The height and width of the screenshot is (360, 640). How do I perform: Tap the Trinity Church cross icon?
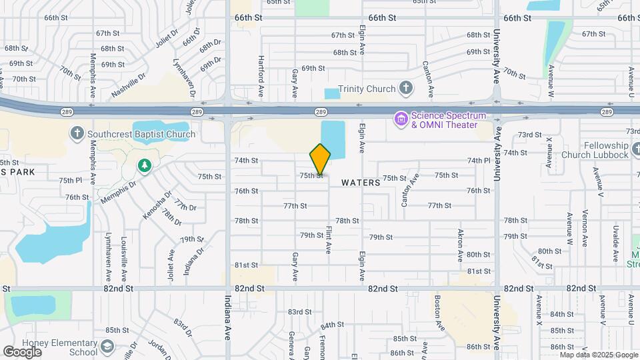(x=406, y=89)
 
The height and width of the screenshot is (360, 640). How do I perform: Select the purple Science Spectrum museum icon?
(x=401, y=119)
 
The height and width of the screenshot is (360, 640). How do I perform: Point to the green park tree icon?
(x=144, y=165)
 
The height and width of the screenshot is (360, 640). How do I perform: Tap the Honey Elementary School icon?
(x=107, y=347)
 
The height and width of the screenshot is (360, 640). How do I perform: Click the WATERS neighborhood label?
(x=361, y=182)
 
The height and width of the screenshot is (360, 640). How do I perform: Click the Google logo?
(x=23, y=351)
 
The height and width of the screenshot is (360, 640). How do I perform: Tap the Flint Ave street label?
(x=329, y=239)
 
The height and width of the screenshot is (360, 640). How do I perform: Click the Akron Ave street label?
(x=460, y=247)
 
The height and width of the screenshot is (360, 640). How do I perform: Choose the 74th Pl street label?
(x=479, y=161)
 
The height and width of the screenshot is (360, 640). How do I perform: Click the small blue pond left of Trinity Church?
(x=331, y=94)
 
